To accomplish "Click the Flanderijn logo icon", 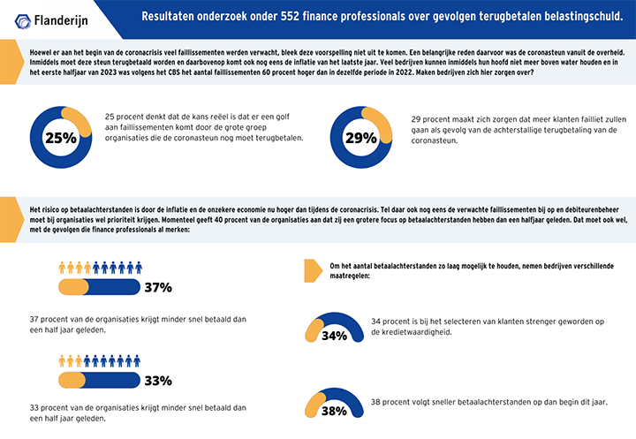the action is [x=23, y=21].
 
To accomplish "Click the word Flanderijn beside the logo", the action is [x=61, y=20].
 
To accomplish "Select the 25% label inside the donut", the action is [x=61, y=138].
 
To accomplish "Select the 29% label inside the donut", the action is [x=361, y=138].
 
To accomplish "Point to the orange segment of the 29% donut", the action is [x=381, y=122].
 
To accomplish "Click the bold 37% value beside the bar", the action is [x=158, y=287].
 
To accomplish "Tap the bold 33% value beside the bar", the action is [x=158, y=381].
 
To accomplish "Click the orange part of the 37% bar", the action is [x=73, y=287].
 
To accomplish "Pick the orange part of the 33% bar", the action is [x=72, y=380].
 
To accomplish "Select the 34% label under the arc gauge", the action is [x=334, y=336].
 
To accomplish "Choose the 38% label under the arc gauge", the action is [x=334, y=411].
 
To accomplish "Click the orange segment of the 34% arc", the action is [x=313, y=329].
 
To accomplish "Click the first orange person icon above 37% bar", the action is [x=62, y=268].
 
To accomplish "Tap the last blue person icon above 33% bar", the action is [x=137, y=361].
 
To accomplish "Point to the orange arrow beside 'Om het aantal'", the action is [x=313, y=270].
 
